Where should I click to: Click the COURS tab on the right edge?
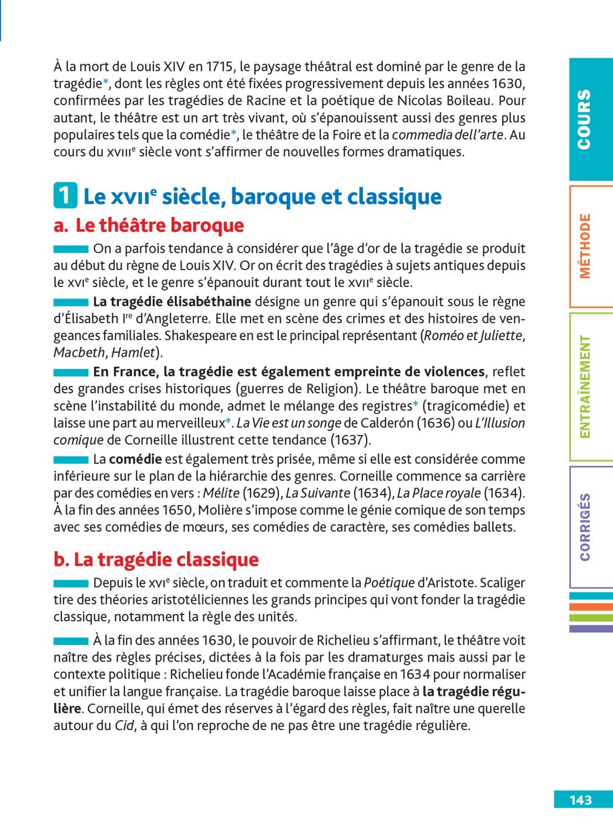(x=584, y=119)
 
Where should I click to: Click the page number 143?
(x=580, y=800)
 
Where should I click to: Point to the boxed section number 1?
(x=65, y=196)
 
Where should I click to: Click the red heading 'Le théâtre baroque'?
(x=159, y=225)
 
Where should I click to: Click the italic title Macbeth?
(x=79, y=353)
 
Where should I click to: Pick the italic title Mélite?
(x=221, y=493)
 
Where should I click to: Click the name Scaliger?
(x=502, y=583)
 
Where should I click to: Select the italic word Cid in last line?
(x=124, y=726)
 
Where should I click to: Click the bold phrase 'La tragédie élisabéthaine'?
(x=172, y=301)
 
